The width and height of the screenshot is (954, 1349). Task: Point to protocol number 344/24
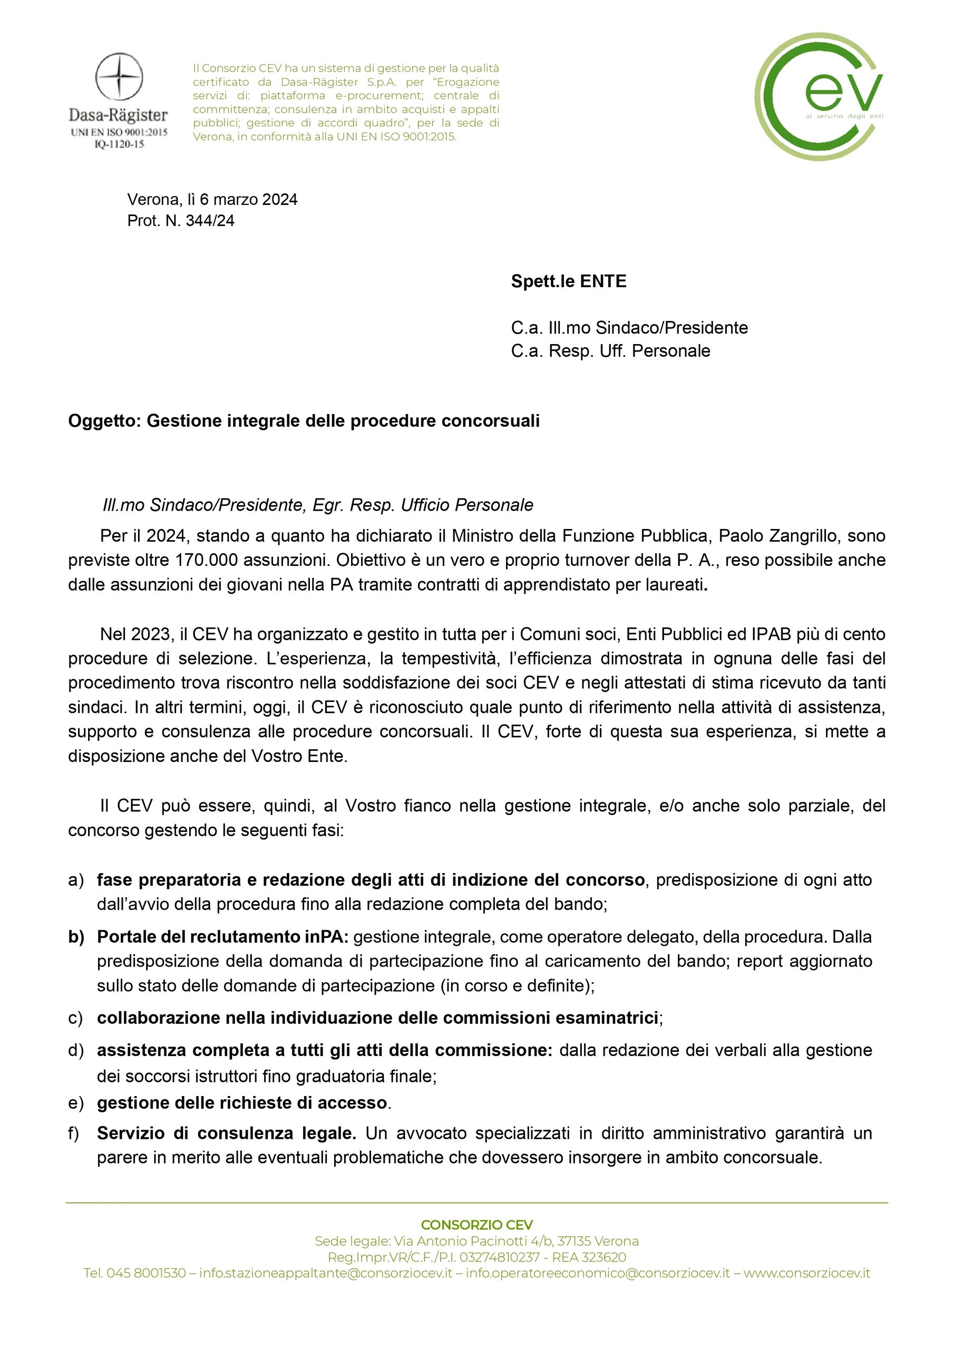pyautogui.click(x=210, y=220)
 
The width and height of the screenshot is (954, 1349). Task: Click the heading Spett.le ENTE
pyautogui.click(x=568, y=281)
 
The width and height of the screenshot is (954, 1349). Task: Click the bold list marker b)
pyautogui.click(x=76, y=936)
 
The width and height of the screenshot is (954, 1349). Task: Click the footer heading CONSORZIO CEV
pyautogui.click(x=476, y=1225)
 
